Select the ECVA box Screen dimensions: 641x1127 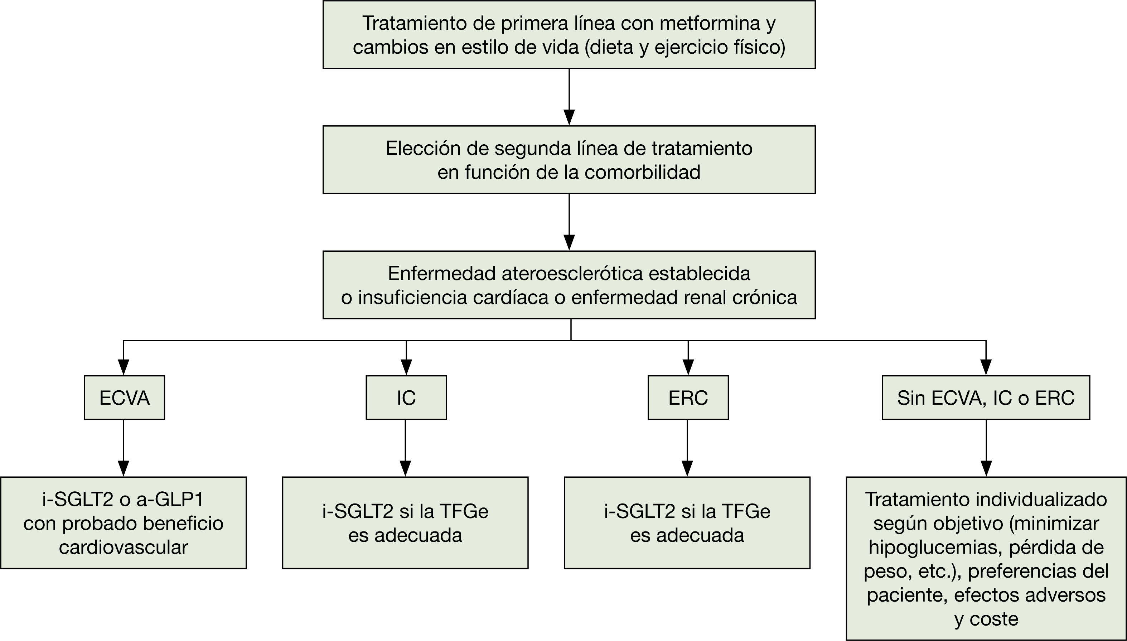coord(125,398)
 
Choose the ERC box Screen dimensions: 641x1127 coord(688,398)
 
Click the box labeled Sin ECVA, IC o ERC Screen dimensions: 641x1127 coord(986,398)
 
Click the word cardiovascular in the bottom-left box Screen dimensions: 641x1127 coord(124,547)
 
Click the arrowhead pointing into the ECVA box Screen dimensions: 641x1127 coord(124,367)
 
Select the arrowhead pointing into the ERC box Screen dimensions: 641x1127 coord(688,367)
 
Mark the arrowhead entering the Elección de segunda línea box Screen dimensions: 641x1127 coord(569,117)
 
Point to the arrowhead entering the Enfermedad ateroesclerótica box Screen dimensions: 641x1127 coord(569,242)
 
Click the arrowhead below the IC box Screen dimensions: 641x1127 coord(405,468)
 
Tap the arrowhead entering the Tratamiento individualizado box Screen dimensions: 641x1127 coord(986,468)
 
